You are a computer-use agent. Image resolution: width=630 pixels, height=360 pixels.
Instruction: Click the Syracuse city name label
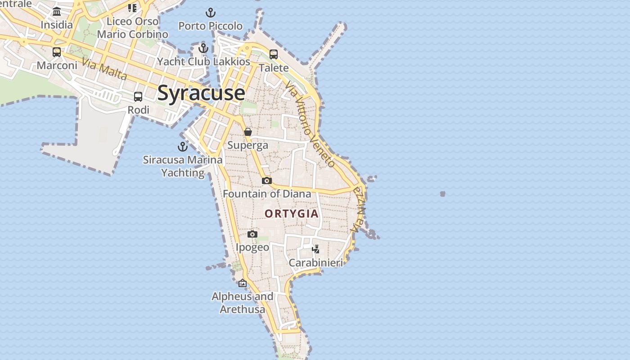(201, 93)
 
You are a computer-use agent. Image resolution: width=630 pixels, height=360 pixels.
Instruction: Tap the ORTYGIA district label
(292, 214)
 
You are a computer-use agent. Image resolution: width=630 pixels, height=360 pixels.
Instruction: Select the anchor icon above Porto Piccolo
(210, 13)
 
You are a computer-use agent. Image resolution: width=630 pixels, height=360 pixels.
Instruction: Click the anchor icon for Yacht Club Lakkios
(203, 48)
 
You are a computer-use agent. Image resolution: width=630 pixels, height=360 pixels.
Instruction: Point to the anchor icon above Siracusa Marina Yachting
(183, 147)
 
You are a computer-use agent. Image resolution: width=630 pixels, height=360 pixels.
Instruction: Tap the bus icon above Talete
(274, 54)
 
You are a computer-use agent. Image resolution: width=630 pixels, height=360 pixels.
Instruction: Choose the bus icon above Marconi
(57, 52)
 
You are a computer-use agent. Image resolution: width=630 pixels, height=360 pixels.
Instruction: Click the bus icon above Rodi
(138, 97)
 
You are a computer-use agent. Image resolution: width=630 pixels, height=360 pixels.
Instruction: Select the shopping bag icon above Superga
(248, 132)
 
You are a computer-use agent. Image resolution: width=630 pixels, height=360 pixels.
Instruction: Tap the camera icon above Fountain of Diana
(267, 180)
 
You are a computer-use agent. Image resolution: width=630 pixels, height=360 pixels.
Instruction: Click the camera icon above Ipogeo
(252, 234)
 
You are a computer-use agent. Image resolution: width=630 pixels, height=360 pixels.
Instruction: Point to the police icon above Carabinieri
(316, 249)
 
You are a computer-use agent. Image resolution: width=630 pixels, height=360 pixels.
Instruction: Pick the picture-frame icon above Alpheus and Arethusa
(243, 283)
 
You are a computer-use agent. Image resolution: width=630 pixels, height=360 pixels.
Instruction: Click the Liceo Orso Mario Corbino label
(133, 28)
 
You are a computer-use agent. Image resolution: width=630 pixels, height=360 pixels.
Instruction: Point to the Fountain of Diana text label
(267, 194)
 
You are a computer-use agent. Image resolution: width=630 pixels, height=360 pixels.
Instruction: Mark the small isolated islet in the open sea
(443, 194)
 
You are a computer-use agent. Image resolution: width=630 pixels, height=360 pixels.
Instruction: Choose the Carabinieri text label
(316, 263)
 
